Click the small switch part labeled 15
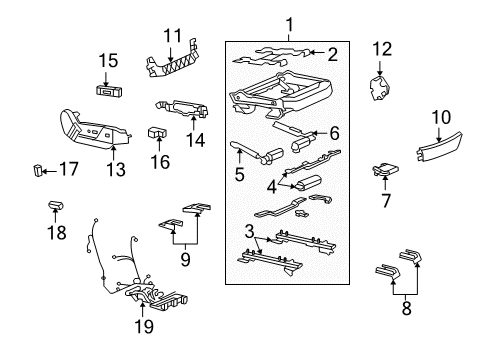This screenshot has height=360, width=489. coord(109,88)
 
